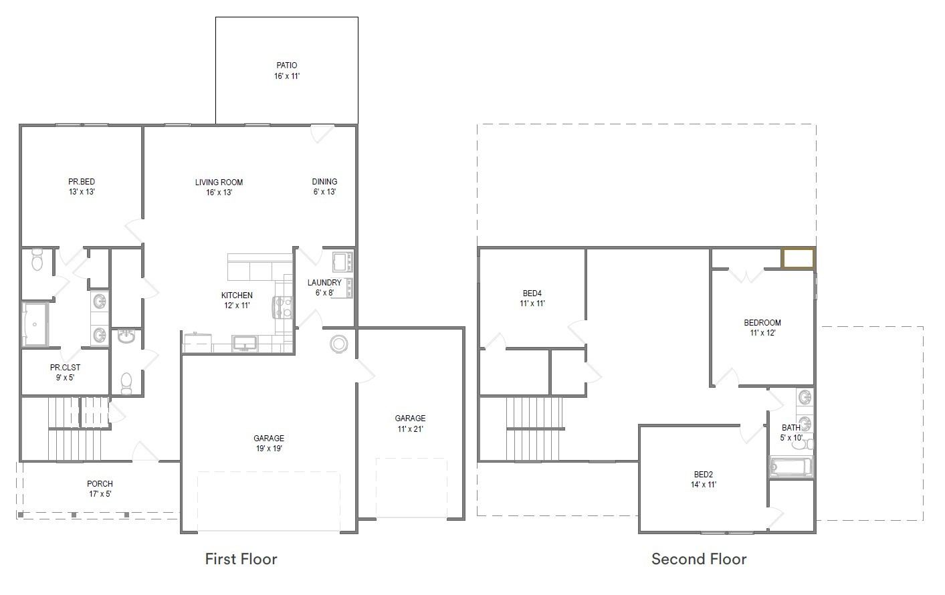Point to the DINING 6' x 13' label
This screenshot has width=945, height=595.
click(324, 187)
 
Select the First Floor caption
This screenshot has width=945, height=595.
click(241, 559)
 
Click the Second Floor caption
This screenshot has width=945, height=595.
click(699, 559)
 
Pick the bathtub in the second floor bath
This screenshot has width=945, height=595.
click(791, 467)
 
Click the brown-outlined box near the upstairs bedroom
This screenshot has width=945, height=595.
click(798, 259)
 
